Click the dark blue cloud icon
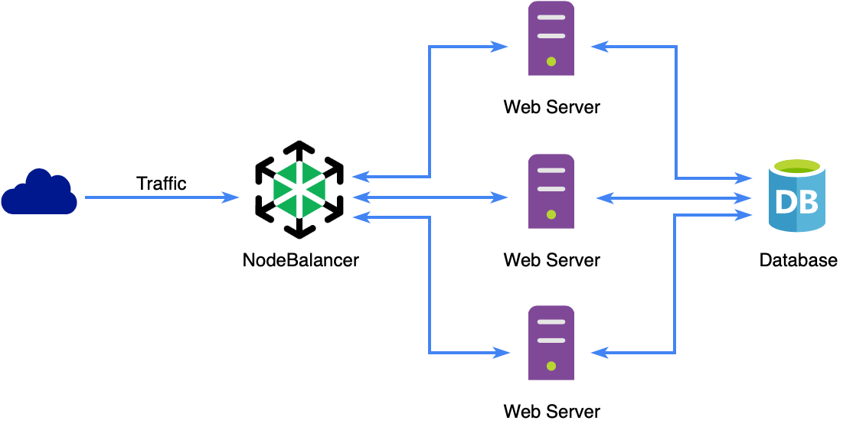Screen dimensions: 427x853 click(x=39, y=194)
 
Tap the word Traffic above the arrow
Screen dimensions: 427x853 click(x=161, y=184)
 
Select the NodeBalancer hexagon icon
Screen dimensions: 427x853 click(x=299, y=188)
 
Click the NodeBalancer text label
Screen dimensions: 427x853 click(x=300, y=260)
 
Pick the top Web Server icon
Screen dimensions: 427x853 click(x=551, y=38)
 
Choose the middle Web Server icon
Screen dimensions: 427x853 click(x=551, y=191)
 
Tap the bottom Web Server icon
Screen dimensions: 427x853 click(x=551, y=344)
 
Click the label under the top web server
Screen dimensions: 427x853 click(x=551, y=107)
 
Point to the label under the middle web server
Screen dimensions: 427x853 click(x=551, y=260)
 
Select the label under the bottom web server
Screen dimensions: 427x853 click(x=551, y=412)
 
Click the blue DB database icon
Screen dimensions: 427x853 click(x=797, y=196)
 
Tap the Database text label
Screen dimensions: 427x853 click(x=798, y=260)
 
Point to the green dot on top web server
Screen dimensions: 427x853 click(x=551, y=62)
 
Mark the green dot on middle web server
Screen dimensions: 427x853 click(x=551, y=215)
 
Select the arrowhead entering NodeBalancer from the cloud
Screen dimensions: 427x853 click(x=231, y=198)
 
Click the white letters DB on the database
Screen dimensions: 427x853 click(x=796, y=203)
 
